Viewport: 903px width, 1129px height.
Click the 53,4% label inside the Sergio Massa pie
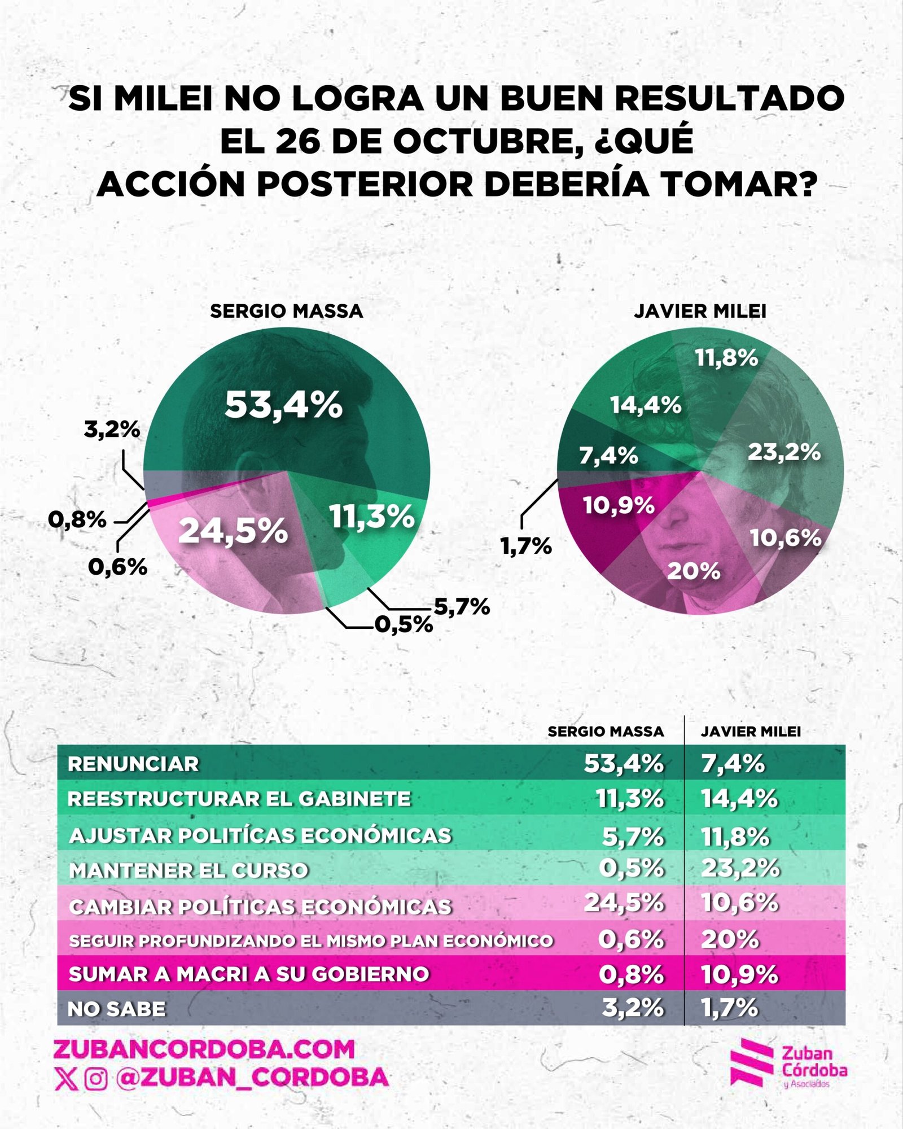[283, 405]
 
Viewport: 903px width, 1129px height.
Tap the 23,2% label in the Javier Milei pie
[784, 452]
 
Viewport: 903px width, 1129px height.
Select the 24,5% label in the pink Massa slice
[233, 532]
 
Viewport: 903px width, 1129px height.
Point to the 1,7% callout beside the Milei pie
[526, 546]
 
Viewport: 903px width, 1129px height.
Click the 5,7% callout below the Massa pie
[461, 607]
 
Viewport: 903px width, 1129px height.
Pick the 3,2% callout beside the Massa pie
[112, 430]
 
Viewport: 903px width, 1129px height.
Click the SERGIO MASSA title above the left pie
[286, 311]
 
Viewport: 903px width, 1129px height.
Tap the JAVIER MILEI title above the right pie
[700, 311]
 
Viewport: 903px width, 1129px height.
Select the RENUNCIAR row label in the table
[133, 764]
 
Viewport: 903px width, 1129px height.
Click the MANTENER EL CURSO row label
[189, 870]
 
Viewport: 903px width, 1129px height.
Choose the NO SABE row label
[117, 1009]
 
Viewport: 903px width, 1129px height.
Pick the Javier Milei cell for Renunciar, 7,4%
[733, 764]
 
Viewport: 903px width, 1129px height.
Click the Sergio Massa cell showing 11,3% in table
[629, 799]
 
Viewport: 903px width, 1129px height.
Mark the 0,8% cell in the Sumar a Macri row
[631, 974]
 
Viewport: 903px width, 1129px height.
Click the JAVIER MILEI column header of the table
[751, 732]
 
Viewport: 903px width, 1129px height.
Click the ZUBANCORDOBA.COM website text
[204, 1049]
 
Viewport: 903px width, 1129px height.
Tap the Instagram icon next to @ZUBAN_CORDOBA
[96, 1079]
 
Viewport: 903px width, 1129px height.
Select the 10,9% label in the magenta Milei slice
[619, 505]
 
